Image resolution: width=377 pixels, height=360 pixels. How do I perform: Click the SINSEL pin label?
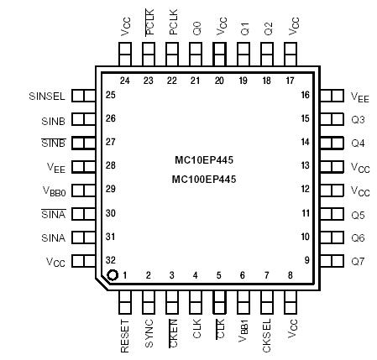click(47, 96)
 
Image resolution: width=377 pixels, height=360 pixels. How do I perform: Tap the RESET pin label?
click(125, 335)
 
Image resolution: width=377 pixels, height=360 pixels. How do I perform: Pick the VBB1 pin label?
click(243, 332)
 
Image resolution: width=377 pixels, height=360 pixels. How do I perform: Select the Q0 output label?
click(196, 28)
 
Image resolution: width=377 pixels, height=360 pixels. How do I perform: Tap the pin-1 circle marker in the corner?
click(112, 275)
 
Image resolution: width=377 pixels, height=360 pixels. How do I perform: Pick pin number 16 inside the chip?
click(306, 96)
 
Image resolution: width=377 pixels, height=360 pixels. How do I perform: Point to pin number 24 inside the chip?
click(125, 81)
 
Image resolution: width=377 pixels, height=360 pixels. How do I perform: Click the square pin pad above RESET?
click(125, 300)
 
